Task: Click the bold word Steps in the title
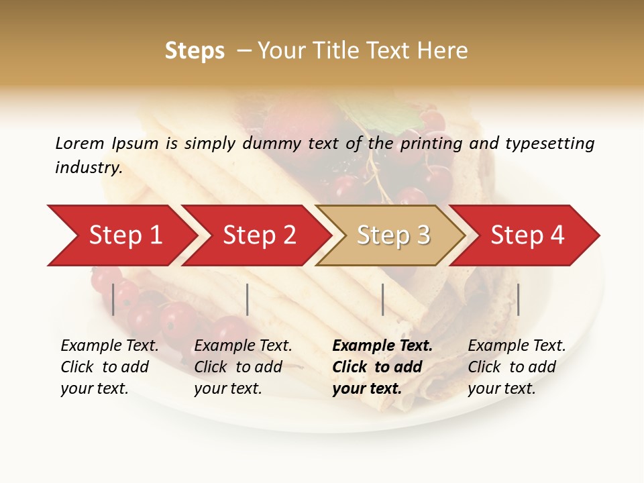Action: tap(195, 51)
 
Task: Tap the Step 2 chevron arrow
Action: tap(259, 235)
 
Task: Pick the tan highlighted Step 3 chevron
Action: tap(392, 235)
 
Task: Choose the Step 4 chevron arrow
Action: tap(527, 235)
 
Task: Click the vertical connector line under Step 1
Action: tap(113, 299)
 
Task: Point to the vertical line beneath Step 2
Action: tap(248, 299)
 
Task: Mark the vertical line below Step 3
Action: tap(382, 299)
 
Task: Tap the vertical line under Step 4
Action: tap(518, 299)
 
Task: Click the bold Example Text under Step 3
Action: tap(382, 346)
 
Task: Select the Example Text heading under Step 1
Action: tap(109, 346)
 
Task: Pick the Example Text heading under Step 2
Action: tap(243, 346)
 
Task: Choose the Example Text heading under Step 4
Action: tap(517, 346)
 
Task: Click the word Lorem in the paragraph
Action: tap(79, 143)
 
